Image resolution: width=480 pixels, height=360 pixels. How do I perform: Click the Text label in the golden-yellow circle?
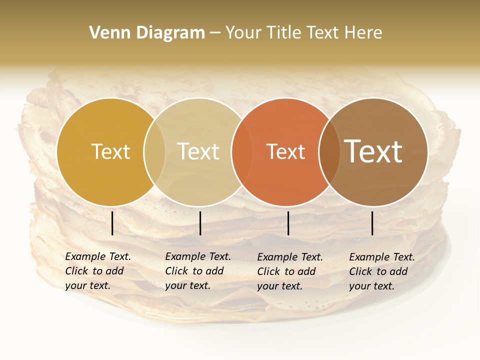coord(110,151)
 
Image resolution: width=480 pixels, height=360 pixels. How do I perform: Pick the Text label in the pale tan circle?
coord(198,151)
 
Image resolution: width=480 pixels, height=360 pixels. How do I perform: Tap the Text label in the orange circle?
coord(285,151)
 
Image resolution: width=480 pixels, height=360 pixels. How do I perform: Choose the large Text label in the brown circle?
coord(373,151)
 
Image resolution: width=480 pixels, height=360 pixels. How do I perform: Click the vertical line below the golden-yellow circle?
coord(112,223)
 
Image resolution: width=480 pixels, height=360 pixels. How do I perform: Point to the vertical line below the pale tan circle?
coord(200,223)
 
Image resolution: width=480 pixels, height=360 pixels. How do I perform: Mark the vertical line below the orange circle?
coord(288,223)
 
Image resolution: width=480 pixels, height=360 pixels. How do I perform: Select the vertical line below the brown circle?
coord(372,223)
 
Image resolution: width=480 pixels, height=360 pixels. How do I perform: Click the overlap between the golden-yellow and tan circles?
coord(154,151)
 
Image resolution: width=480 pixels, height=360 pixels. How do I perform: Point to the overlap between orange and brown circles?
coord(329,151)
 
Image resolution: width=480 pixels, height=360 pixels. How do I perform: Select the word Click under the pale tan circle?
coord(176,271)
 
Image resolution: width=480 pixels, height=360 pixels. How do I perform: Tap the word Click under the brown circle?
coord(360,271)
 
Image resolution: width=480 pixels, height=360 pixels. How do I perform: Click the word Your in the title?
coord(243,33)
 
